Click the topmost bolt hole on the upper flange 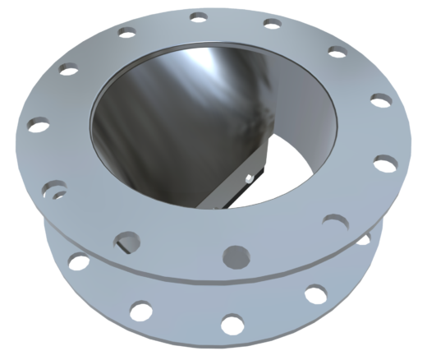coord(197,16)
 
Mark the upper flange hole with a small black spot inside coord(54,188)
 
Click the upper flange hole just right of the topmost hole coord(270,22)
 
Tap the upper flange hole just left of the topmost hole coord(126,32)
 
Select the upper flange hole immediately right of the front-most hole coord(333,221)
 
